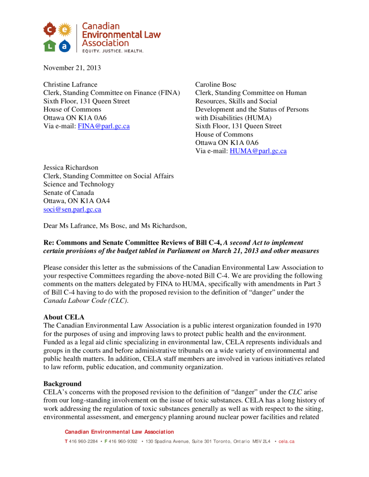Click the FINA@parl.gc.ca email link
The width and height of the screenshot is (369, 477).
(104, 126)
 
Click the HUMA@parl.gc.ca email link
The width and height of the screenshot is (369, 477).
(258, 151)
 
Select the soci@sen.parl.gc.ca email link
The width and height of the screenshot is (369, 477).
(72, 210)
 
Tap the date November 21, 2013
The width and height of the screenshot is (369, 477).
(72, 68)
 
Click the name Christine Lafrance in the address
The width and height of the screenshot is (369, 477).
(70, 84)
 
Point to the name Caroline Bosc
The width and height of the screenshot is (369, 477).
(216, 84)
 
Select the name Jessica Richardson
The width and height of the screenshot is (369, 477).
(71, 168)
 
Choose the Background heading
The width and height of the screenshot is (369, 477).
(63, 384)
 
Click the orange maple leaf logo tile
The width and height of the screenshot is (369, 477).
(49, 30)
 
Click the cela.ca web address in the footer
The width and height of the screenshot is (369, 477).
(286, 441)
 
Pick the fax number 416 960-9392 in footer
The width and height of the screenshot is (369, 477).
(123, 441)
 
